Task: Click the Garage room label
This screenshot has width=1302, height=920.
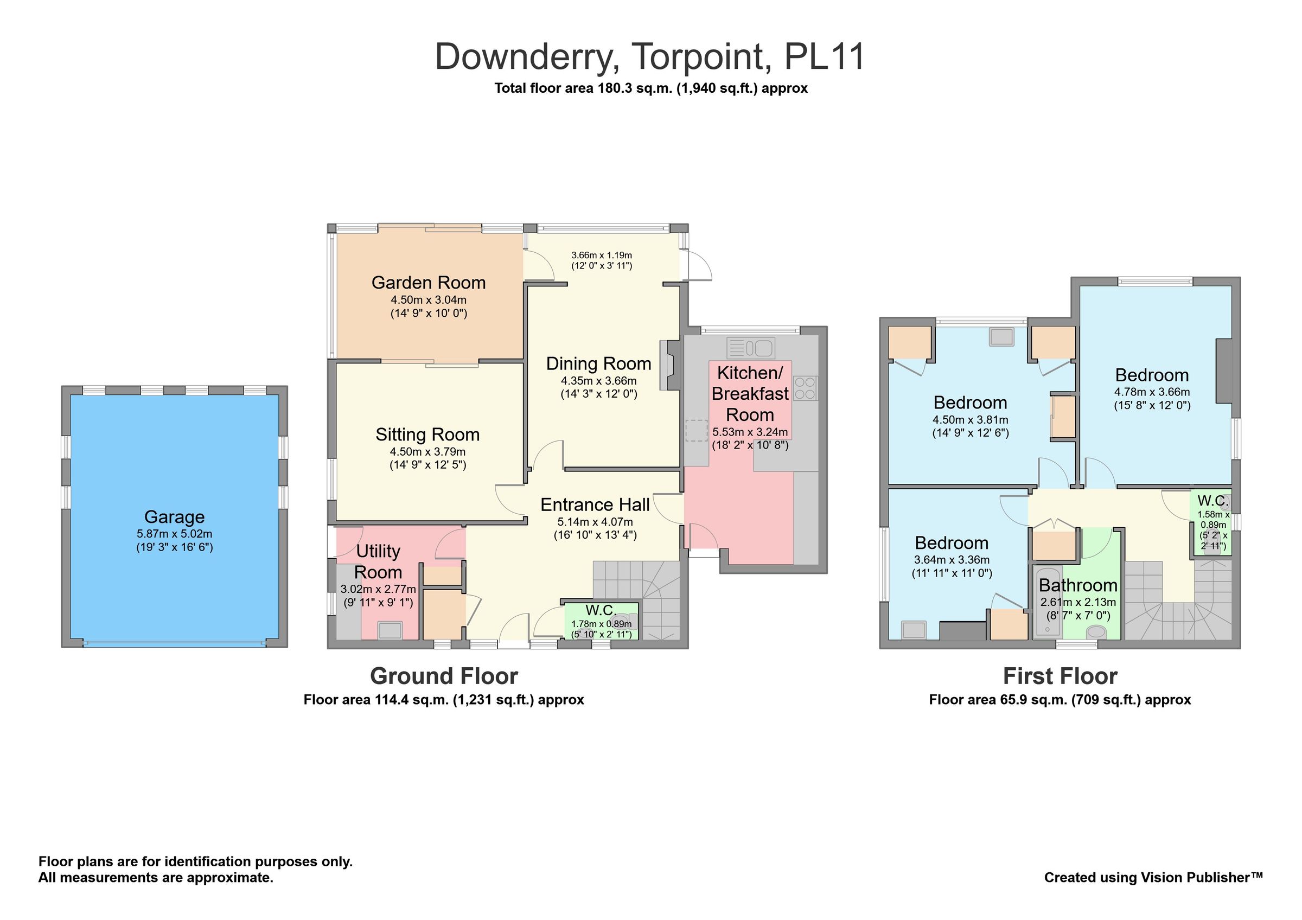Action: click(174, 516)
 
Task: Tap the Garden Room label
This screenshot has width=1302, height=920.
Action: click(428, 282)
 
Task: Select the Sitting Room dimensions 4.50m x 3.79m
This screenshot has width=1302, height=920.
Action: click(427, 452)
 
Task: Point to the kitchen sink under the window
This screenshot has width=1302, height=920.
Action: click(751, 348)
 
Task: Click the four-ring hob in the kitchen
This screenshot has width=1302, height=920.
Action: click(804, 388)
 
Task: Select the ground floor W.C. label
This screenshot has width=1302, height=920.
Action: click(601, 610)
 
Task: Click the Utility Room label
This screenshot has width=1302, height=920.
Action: click(378, 561)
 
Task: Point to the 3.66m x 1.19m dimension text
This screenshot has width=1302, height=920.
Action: click(601, 255)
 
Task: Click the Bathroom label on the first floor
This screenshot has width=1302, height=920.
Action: click(1077, 585)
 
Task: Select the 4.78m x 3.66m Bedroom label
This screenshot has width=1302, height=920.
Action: click(1151, 375)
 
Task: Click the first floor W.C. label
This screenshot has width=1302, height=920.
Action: click(1212, 501)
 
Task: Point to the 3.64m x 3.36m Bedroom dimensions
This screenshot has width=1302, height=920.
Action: click(952, 559)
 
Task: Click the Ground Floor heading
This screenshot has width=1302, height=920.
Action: click(443, 676)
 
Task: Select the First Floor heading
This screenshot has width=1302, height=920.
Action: click(1060, 676)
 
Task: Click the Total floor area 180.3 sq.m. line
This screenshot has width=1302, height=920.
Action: click(650, 88)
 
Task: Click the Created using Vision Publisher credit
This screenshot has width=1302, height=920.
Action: click(1153, 878)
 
